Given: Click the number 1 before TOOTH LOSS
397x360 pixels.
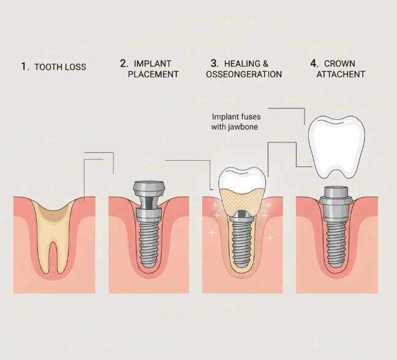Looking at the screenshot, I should pyautogui.click(x=25, y=67).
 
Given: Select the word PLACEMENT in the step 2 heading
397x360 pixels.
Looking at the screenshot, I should pyautogui.click(x=154, y=74).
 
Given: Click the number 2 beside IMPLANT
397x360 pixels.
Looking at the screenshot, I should pyautogui.click(x=123, y=63).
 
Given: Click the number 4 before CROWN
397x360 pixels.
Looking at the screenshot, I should pyautogui.click(x=314, y=63).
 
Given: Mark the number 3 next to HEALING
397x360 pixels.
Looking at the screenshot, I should pyautogui.click(x=214, y=63).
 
